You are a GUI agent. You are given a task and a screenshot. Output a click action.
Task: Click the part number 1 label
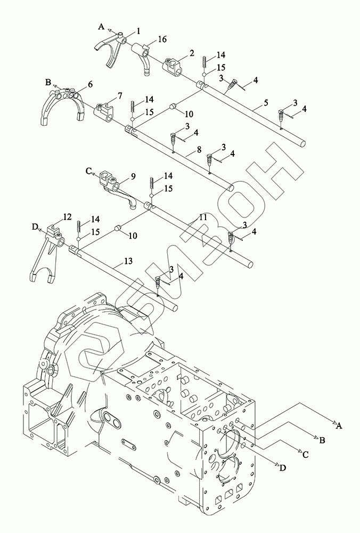(x=138, y=31)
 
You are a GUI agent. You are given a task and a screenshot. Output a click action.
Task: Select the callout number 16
(x=162, y=39)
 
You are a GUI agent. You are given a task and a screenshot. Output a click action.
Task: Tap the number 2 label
(x=192, y=53)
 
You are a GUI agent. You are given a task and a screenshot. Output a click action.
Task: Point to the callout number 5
(x=266, y=102)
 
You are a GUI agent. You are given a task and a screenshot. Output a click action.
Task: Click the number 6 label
(x=90, y=84)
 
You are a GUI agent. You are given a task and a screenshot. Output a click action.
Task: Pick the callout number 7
(x=119, y=95)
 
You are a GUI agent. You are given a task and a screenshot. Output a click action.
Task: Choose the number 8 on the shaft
(x=199, y=150)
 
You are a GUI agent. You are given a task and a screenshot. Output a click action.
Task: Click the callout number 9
(x=133, y=176)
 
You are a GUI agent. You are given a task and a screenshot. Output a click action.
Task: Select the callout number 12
(x=67, y=216)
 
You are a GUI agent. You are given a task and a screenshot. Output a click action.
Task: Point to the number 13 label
(x=128, y=261)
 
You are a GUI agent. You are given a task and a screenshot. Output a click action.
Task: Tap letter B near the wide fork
(x=48, y=82)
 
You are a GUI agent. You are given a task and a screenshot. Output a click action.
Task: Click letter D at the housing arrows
(x=283, y=468)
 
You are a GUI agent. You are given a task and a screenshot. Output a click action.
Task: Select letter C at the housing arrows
(x=305, y=454)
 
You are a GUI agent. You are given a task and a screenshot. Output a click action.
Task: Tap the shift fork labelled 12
(x=46, y=253)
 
